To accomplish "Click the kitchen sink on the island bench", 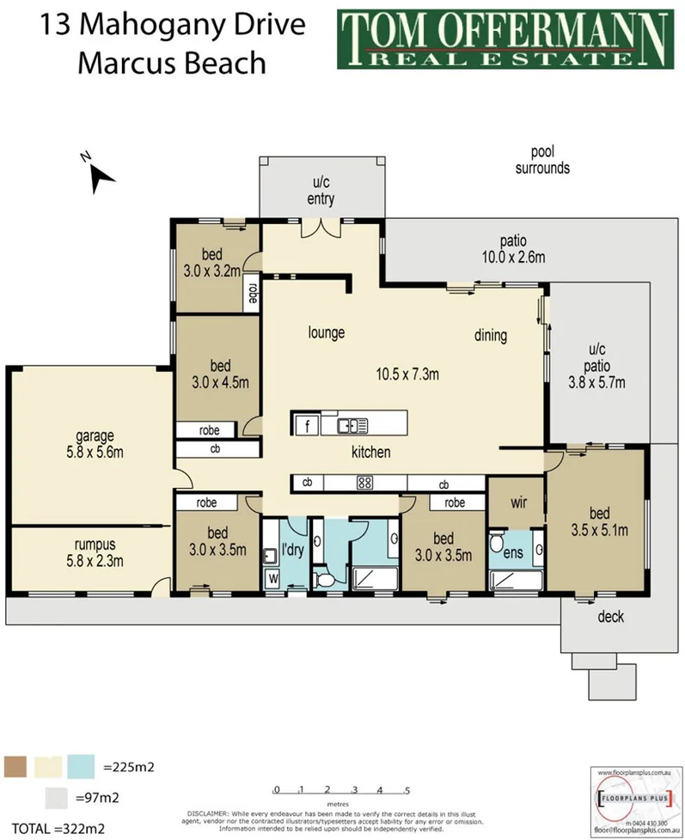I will coord(352,424).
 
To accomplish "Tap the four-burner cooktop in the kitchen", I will coord(364,483).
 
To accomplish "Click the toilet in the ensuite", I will coord(498,545).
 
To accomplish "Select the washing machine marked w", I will coord(273,577).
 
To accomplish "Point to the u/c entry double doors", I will coord(323,229).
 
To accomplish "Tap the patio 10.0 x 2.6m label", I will coord(515,248).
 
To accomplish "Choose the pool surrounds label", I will coord(542,160).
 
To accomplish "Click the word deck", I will coord(610,617).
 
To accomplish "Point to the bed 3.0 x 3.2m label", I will coord(211,261).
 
